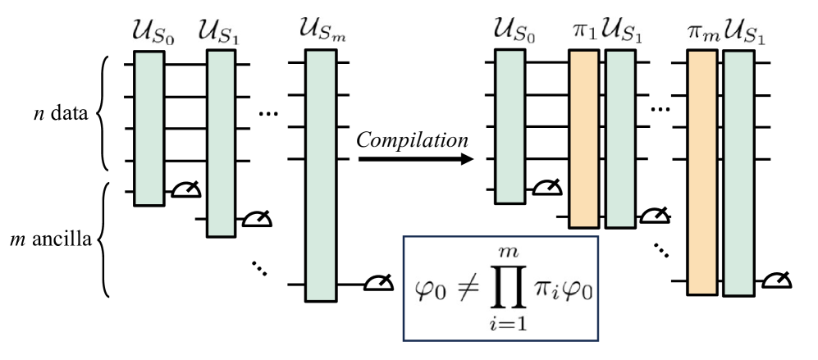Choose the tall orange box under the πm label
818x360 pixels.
(x=703, y=171)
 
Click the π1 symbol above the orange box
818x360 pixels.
(x=582, y=34)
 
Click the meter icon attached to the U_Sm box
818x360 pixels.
(x=378, y=284)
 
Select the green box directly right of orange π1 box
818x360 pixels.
(x=620, y=139)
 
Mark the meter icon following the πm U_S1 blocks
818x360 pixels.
(x=775, y=280)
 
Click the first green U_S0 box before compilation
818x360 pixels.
(x=149, y=128)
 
